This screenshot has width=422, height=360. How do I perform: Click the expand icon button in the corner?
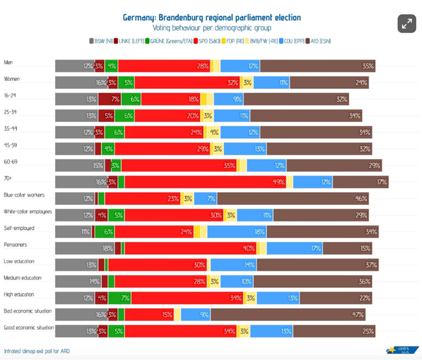coord(406,23)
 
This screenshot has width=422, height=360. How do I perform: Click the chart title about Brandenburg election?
coord(211,17)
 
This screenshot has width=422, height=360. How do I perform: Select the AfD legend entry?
coord(318,42)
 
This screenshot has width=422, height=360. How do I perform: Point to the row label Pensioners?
coord(16,245)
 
